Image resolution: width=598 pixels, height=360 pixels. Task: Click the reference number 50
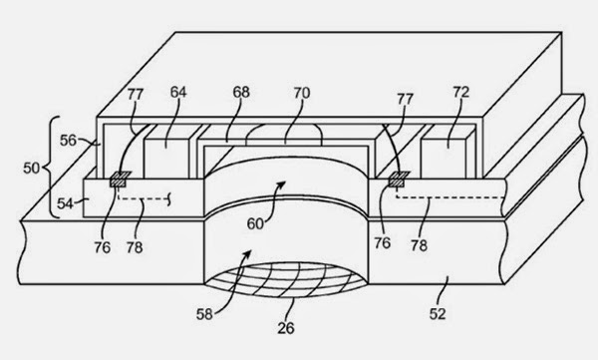tap(31, 168)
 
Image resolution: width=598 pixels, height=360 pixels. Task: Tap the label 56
tap(68, 141)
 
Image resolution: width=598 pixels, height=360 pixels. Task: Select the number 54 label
tap(65, 203)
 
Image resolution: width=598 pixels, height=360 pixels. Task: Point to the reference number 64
tap(178, 92)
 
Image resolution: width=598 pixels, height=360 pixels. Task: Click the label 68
tap(241, 92)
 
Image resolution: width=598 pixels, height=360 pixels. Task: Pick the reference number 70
tap(302, 93)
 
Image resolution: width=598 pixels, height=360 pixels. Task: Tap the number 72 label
tap(461, 92)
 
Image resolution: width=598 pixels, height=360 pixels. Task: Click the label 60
tap(255, 223)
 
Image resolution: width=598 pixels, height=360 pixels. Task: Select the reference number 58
tap(204, 314)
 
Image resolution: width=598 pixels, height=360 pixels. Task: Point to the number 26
tap(286, 328)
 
